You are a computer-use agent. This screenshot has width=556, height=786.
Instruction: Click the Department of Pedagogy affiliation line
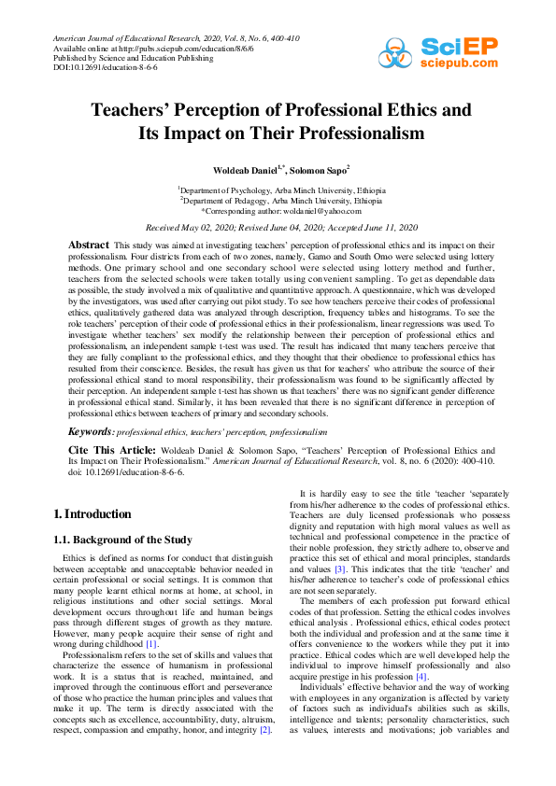tap(280, 200)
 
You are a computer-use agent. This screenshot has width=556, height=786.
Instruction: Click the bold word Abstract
tap(89, 244)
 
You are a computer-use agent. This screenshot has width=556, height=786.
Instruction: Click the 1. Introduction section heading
tap(92, 513)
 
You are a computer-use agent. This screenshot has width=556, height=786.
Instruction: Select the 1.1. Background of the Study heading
tap(123, 540)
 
